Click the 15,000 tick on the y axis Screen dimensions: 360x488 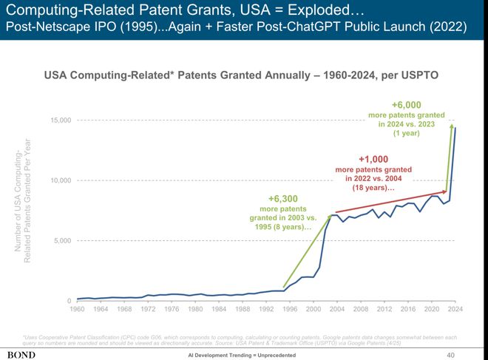[x=61, y=120]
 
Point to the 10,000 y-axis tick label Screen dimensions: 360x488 [x=61, y=180]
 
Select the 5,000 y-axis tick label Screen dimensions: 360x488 [x=62, y=241]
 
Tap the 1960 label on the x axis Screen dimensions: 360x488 [x=77, y=309]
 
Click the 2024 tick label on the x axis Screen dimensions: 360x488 [x=455, y=309]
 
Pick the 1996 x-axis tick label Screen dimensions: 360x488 [x=289, y=309]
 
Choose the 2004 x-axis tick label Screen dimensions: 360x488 [x=336, y=309]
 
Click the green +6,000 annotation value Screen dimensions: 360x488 [x=407, y=105]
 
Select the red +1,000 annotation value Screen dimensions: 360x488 [x=373, y=159]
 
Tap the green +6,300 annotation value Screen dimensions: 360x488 [x=282, y=199]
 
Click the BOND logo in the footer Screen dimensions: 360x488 [x=21, y=355]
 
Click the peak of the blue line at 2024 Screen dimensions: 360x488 [x=455, y=128]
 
